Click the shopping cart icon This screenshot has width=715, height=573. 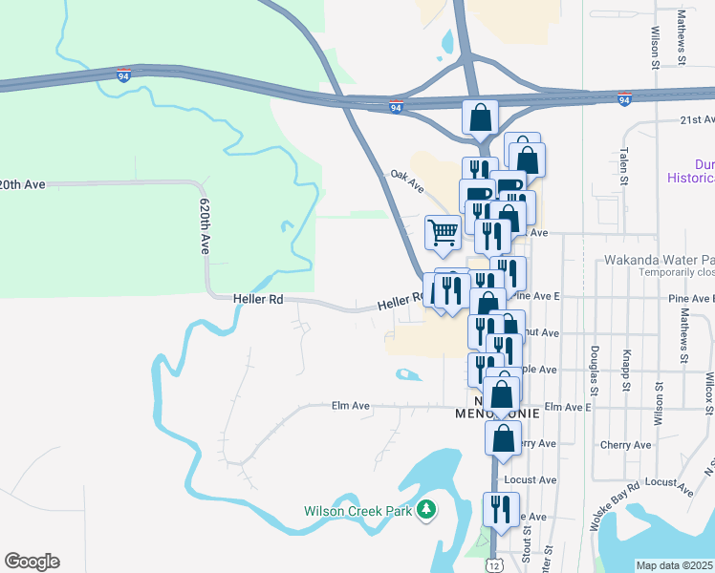[x=443, y=232]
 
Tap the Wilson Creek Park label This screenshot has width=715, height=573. [x=357, y=511]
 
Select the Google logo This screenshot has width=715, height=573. [x=32, y=562]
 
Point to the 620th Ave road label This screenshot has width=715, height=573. [x=205, y=226]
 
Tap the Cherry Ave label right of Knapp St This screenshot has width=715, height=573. [x=625, y=445]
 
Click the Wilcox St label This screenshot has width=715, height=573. [x=708, y=392]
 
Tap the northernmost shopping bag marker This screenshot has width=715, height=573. [x=481, y=117]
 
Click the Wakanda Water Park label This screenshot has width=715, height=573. [x=659, y=260]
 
